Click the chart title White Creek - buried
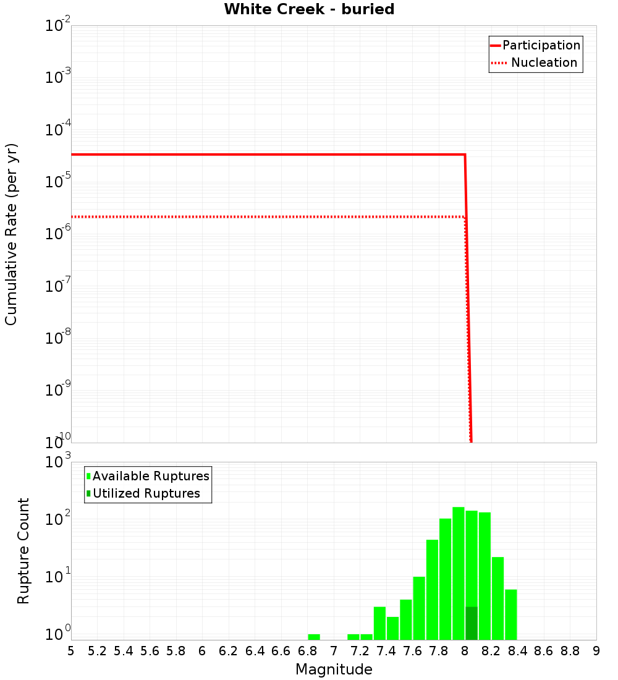click(x=309, y=9)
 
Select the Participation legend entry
click(x=541, y=45)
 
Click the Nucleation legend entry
click(x=544, y=62)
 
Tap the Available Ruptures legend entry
click(x=151, y=476)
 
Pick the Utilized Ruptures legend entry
click(x=146, y=493)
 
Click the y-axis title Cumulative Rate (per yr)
click(x=11, y=234)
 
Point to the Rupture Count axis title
click(x=23, y=551)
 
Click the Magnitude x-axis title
click(x=334, y=669)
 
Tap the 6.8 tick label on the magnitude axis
click(x=307, y=651)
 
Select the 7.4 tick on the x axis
click(x=386, y=651)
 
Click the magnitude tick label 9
click(x=596, y=651)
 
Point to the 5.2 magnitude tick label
click(x=97, y=651)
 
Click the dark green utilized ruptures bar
click(x=472, y=623)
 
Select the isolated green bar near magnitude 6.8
click(x=314, y=637)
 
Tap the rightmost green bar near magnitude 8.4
click(x=511, y=614)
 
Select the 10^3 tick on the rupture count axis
click(x=59, y=462)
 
